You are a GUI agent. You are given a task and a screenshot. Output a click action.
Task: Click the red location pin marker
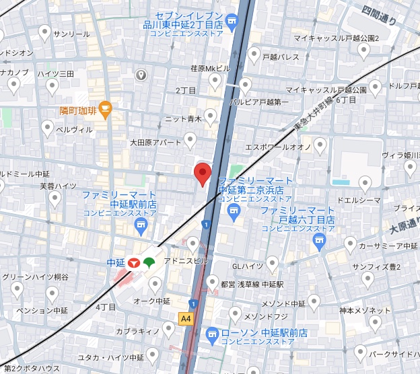click(x=203, y=174)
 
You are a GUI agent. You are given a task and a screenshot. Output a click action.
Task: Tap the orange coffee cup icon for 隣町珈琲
click(x=105, y=108)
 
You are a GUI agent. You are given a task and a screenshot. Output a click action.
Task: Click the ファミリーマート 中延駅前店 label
click(x=119, y=199)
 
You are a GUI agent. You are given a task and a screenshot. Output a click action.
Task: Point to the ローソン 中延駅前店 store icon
click(x=213, y=333)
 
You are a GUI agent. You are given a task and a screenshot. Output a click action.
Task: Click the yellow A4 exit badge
click(x=186, y=317)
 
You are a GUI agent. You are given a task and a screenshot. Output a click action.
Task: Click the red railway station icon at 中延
click(x=133, y=262)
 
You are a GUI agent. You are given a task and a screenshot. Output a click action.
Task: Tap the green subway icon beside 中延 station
click(x=149, y=261)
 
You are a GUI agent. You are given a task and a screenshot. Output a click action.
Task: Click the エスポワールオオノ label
click(x=277, y=146)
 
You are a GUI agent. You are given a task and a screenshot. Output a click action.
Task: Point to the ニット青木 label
click(x=183, y=118)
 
